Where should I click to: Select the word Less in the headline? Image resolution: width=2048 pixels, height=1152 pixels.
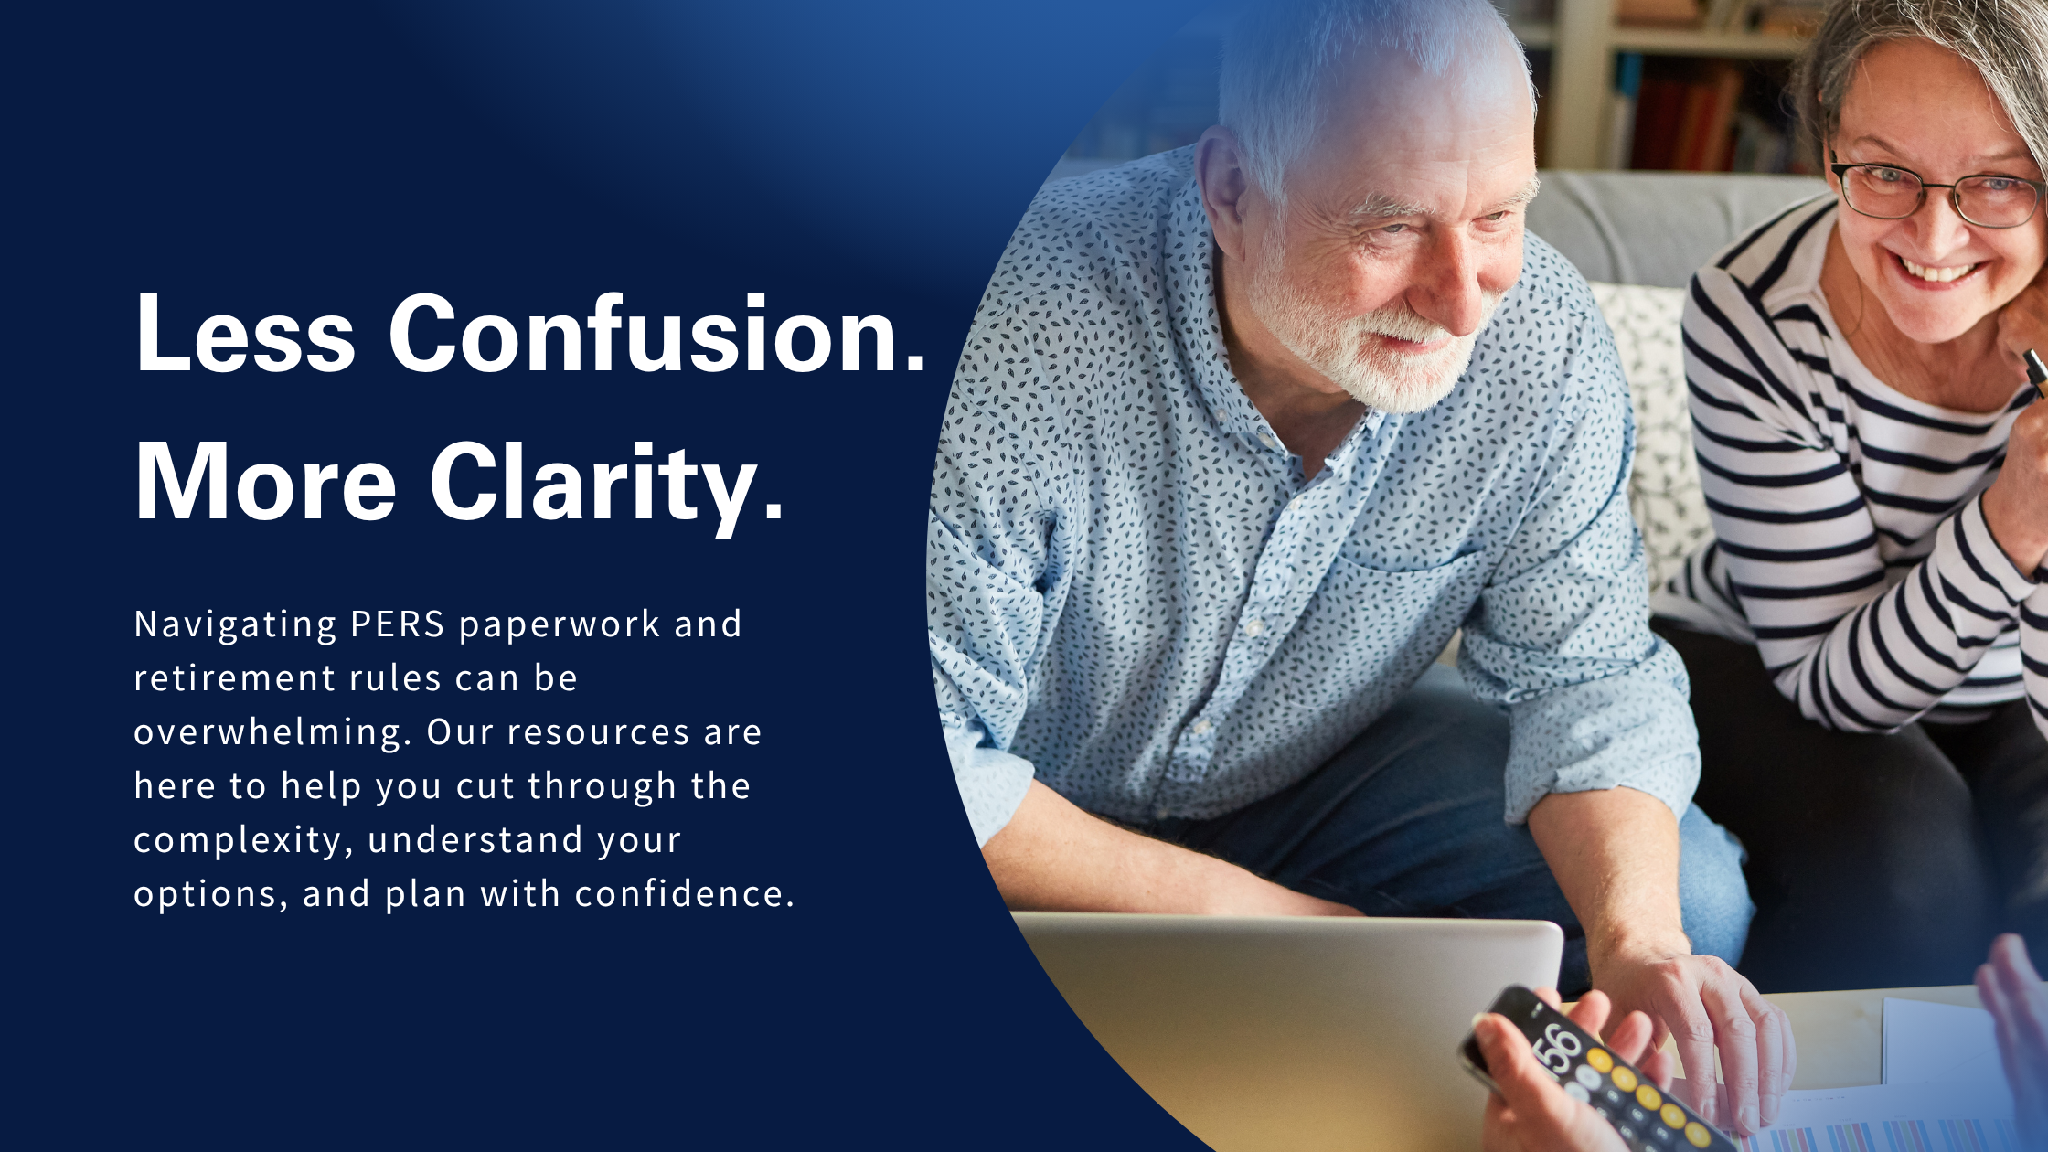[245, 334]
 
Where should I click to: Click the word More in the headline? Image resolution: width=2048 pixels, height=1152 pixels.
[266, 482]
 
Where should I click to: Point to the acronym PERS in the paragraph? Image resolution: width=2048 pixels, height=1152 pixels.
[398, 624]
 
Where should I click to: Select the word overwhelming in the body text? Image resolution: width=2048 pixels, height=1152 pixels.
[272, 733]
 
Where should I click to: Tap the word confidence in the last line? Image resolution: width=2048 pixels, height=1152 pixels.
[685, 894]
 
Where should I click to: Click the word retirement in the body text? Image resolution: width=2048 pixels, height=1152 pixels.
[235, 679]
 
